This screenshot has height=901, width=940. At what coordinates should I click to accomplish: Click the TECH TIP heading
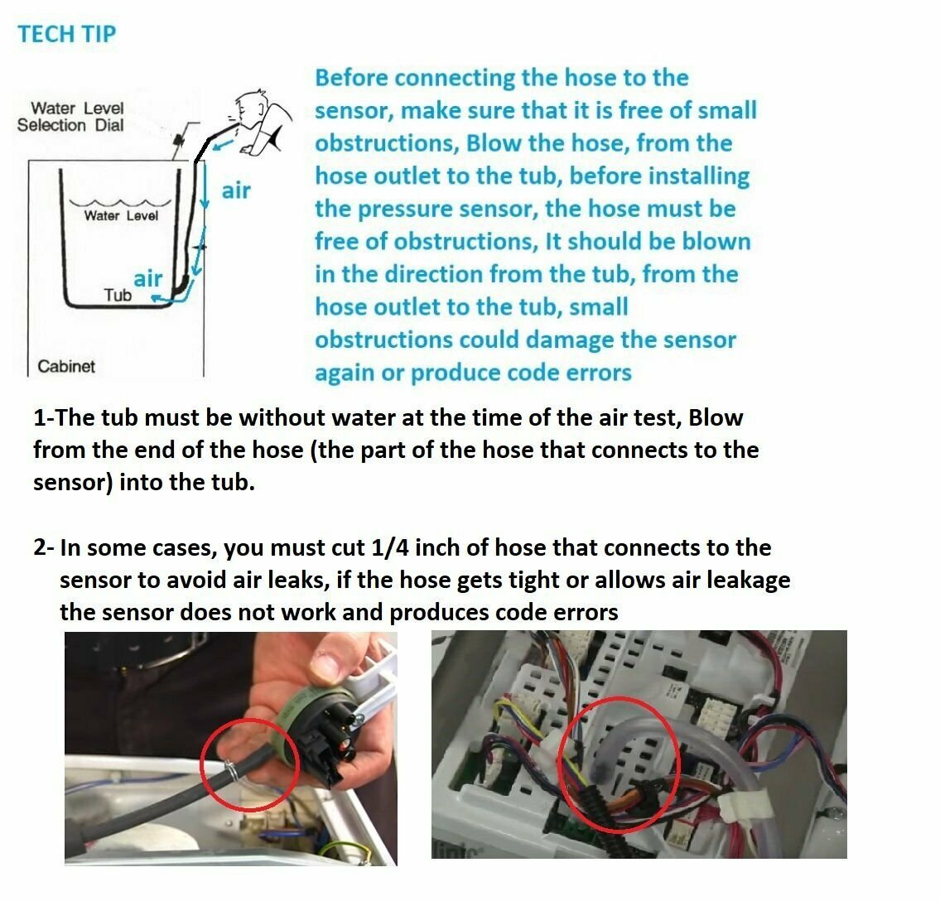[67, 34]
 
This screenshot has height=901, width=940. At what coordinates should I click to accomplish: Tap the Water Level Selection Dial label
[70, 117]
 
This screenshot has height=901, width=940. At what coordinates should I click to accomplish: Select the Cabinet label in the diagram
[66, 366]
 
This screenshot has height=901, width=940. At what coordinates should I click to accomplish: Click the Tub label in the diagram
[118, 295]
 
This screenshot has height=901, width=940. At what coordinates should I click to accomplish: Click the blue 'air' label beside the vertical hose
[236, 190]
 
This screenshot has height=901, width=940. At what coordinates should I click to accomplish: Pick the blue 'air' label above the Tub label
[148, 278]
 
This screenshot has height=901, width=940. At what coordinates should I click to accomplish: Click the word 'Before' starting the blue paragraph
[351, 78]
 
